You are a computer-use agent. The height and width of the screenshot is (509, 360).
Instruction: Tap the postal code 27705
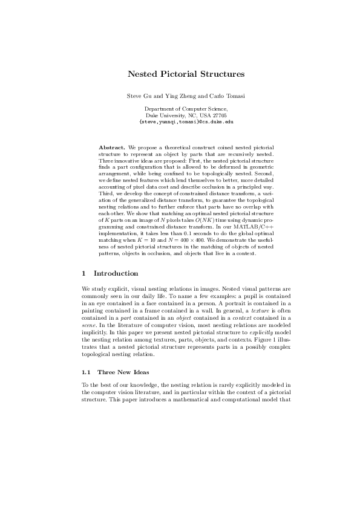coord(219,115)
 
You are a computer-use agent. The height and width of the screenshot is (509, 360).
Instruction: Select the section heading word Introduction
coord(116,273)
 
